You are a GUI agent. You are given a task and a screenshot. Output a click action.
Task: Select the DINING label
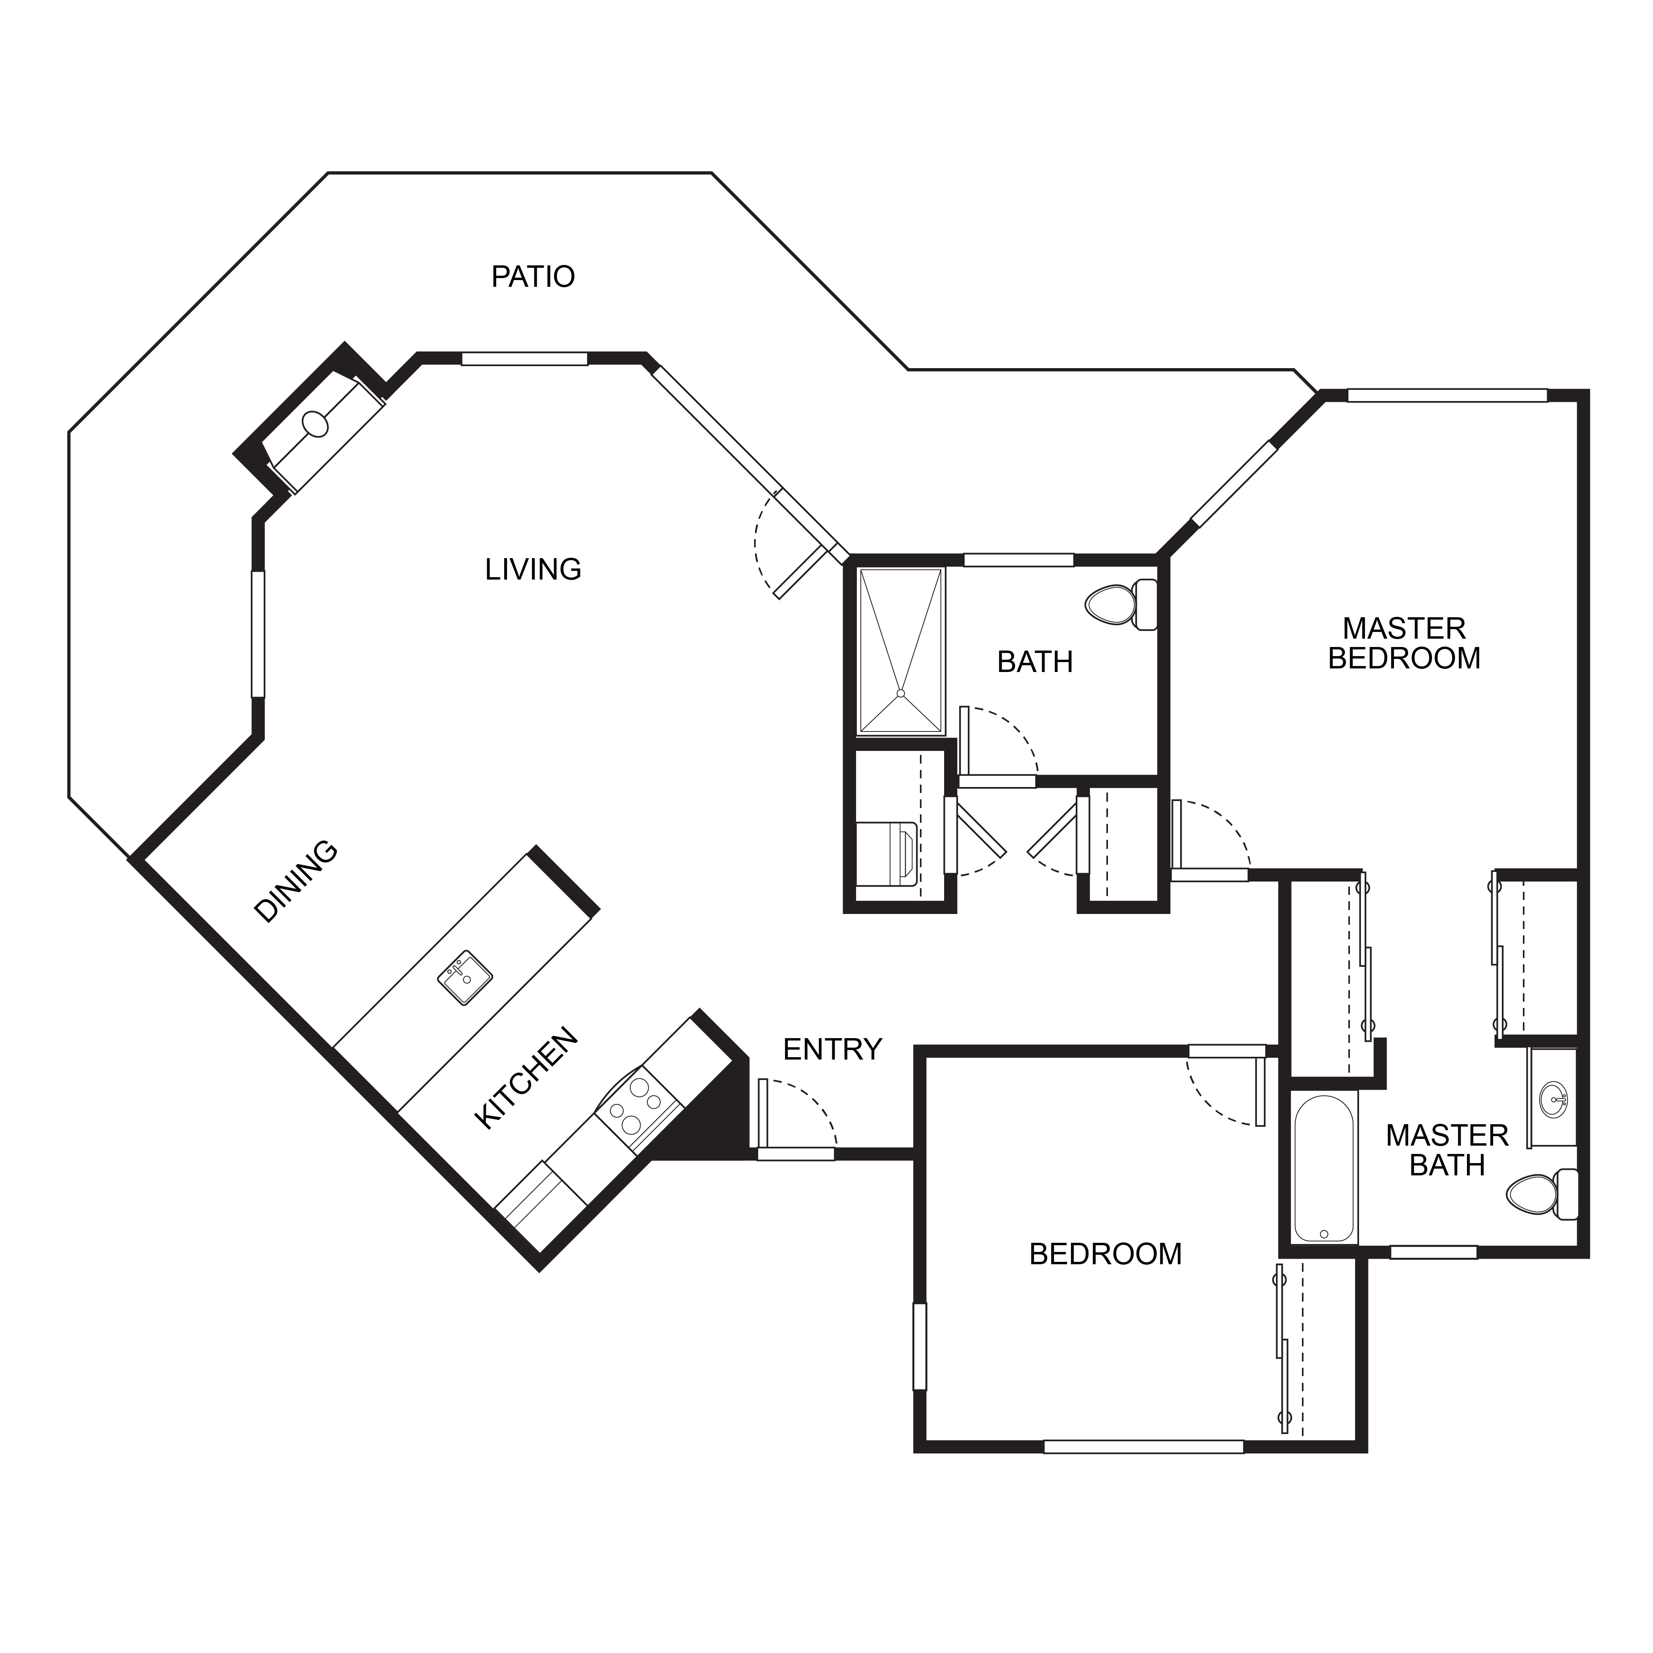296,881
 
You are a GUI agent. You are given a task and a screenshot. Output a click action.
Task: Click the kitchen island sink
465,977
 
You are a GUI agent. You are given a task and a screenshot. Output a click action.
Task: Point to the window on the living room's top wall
524,359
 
